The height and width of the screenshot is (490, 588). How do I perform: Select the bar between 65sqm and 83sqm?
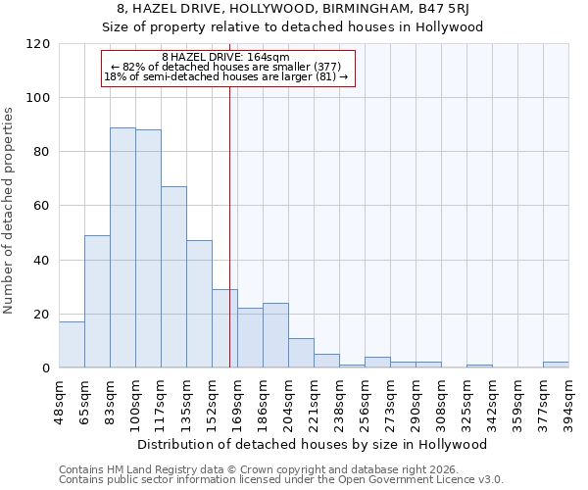pyautogui.click(x=97, y=302)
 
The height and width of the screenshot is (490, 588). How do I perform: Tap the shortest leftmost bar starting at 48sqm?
pyautogui.click(x=72, y=345)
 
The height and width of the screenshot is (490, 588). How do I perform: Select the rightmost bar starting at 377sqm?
pyautogui.click(x=556, y=365)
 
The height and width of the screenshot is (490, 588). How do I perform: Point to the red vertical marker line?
pyautogui.click(x=229, y=216)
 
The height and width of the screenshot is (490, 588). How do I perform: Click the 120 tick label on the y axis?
pyautogui.click(x=38, y=44)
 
